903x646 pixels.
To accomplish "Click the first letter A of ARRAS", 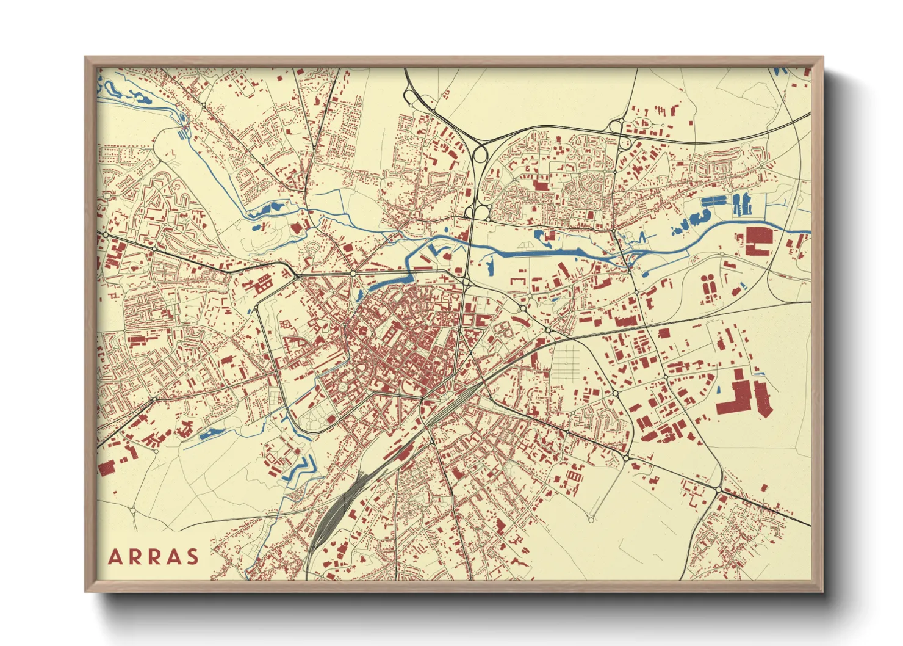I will [115, 557].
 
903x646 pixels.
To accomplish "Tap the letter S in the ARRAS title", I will [193, 557].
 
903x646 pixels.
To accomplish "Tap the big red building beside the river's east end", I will [758, 239].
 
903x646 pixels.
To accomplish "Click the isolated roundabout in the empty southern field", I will [591, 520].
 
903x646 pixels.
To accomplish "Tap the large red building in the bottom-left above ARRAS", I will [107, 468].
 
